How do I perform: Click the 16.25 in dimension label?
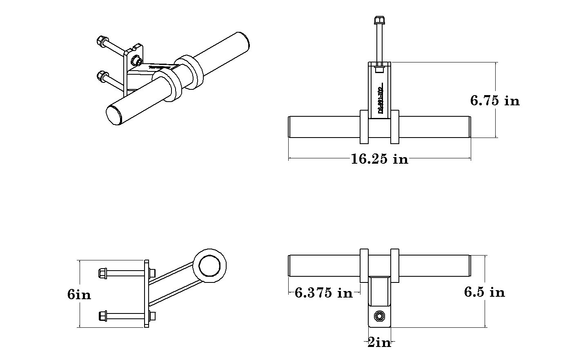[379, 159]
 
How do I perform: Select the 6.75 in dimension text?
[495, 100]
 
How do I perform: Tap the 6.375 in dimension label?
[323, 292]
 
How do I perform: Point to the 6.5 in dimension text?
[484, 292]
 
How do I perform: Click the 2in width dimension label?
[379, 342]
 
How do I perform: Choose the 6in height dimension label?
[79, 294]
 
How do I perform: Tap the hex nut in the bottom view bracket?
[380, 316]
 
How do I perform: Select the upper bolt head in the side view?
[102, 273]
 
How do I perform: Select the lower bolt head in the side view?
[103, 316]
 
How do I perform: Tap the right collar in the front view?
[395, 127]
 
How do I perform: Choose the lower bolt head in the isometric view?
[101, 76]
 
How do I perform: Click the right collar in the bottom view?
[395, 266]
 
